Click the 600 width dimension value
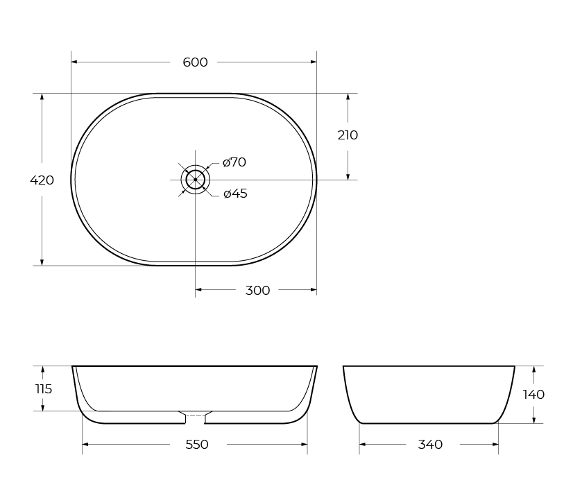(195, 62)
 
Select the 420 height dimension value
(42, 180)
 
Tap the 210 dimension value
(348, 135)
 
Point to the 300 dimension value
(257, 291)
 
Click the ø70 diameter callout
(234, 162)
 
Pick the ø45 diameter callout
(235, 194)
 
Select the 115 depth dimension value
(43, 389)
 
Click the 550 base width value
(197, 445)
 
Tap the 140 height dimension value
(533, 395)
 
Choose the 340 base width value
(430, 445)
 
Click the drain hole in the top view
(195, 180)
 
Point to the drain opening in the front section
(195, 416)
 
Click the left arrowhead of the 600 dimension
(75, 62)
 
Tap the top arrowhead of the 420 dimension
(42, 97)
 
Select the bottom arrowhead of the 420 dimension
(42, 262)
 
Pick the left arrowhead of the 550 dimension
(86, 444)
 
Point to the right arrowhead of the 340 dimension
(495, 444)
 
